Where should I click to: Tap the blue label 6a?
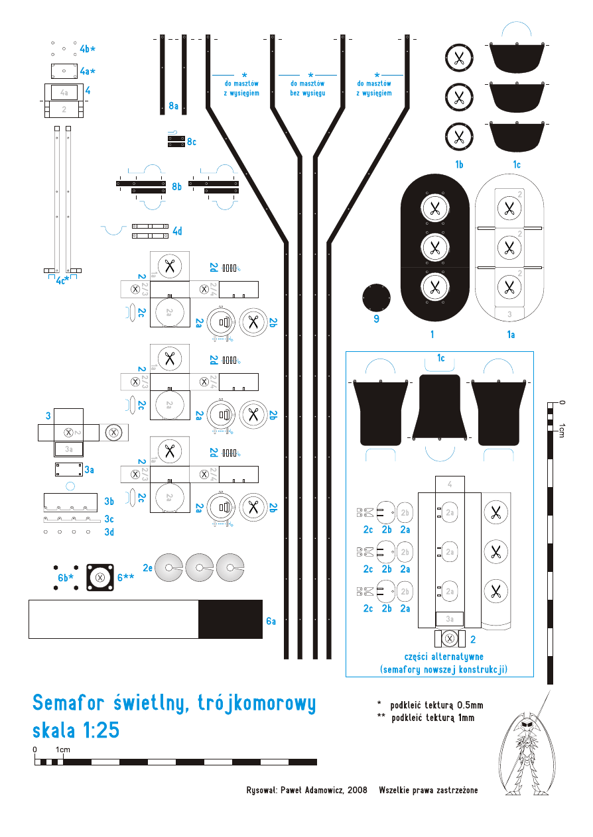pyautogui.click(x=271, y=621)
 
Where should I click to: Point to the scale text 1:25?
pyautogui.click(x=101, y=730)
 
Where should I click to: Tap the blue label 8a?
pyautogui.click(x=174, y=105)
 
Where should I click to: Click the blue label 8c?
pyautogui.click(x=192, y=142)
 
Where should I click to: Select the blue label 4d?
pyautogui.click(x=177, y=231)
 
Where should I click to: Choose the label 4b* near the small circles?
pyautogui.click(x=88, y=49)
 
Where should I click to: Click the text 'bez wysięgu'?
pyautogui.click(x=307, y=93)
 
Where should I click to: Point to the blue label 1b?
pyautogui.click(x=459, y=164)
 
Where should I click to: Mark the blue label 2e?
pyautogui.click(x=147, y=567)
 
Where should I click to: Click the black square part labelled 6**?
pyautogui.click(x=100, y=577)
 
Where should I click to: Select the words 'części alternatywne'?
pyautogui.click(x=443, y=656)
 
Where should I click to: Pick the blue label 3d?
pyautogui.click(x=109, y=531)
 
